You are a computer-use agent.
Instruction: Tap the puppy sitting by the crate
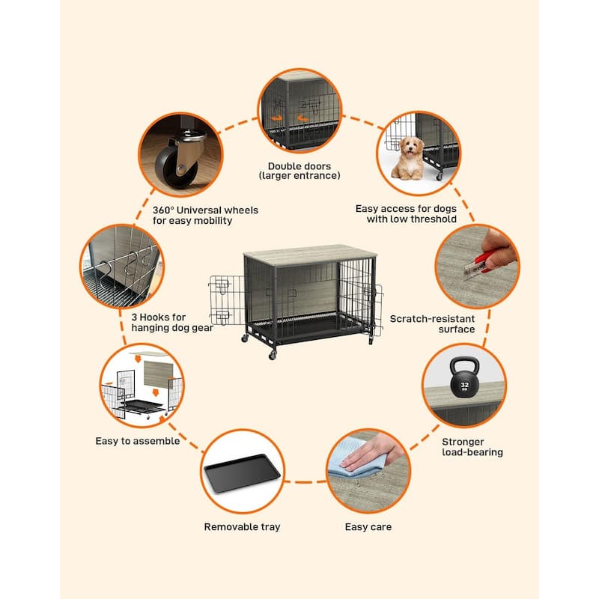pos(408,157)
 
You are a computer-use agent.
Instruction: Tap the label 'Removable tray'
pos(242,527)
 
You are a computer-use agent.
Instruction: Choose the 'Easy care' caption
pos(368,527)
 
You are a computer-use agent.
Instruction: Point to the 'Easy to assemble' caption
pos(137,441)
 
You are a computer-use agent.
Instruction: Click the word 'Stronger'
pos(462,442)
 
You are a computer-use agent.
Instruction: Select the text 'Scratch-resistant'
pos(433,318)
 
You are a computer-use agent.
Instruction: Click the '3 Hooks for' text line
pos(158,317)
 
